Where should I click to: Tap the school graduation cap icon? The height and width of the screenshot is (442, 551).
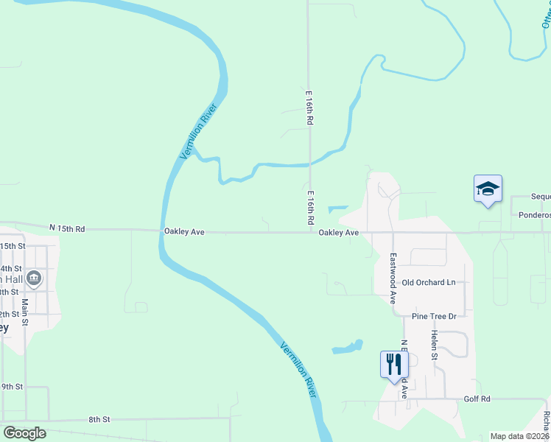point(487,189)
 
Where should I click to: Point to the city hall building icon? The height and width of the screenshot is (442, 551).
point(34,278)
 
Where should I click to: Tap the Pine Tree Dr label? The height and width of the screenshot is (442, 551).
point(435,316)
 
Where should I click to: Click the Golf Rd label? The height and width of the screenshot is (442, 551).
point(477,399)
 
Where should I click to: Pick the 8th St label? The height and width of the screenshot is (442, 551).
point(99,419)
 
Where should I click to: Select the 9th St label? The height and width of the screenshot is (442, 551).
point(13,386)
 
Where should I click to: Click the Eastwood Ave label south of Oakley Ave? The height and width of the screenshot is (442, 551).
point(393,279)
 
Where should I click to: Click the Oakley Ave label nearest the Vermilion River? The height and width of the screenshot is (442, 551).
point(183,231)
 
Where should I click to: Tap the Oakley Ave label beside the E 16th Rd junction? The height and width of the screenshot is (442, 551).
point(338,232)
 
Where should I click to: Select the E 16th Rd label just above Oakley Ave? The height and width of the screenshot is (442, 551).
point(311,208)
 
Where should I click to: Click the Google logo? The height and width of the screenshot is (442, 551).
point(25,433)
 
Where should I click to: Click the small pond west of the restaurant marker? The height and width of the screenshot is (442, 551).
point(347,346)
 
